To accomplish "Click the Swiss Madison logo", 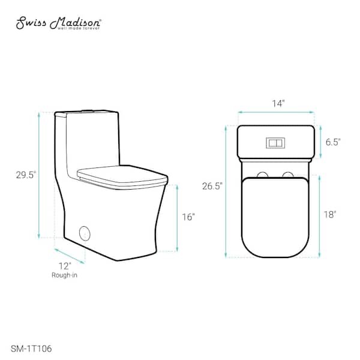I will tap(58, 23).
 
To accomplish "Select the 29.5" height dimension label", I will tap(26, 175).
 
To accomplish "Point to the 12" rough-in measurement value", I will tap(65, 265).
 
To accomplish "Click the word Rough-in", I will tap(65, 275).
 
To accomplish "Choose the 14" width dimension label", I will tap(277, 103).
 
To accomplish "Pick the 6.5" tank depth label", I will tap(332, 142).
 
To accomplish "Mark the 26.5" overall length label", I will tap(212, 186).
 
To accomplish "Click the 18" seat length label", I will tap(331, 214).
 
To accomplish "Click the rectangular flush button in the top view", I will tap(275, 143).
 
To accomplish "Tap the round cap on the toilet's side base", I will tap(85, 232).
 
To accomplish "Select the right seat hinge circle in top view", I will tap(289, 175).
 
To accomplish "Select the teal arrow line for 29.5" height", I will tap(40, 175).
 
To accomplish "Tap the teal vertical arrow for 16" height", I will tap(178, 217).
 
